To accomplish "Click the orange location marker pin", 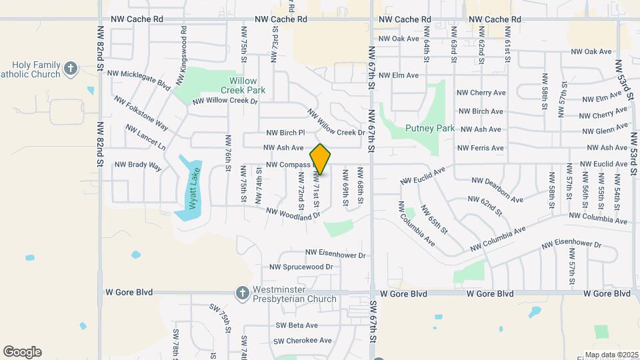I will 321,159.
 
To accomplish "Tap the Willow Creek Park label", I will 243,85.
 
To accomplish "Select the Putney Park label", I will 429,128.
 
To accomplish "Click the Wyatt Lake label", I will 193,189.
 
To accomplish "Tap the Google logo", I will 22,352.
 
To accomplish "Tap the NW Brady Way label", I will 138,165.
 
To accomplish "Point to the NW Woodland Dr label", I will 293,213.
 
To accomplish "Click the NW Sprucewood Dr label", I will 301,267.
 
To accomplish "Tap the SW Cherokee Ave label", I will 302,341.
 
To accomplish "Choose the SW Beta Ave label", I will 297,325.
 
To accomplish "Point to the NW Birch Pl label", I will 285,133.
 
